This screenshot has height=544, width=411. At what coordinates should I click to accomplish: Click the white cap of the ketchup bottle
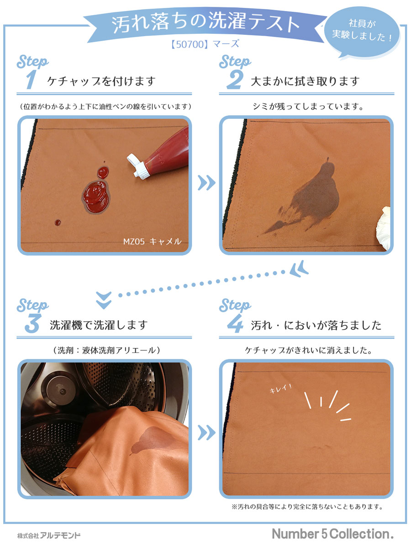tap(137, 166)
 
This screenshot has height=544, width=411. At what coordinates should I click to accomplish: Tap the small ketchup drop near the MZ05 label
tap(58, 222)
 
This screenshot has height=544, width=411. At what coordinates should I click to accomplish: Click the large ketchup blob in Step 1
tap(96, 196)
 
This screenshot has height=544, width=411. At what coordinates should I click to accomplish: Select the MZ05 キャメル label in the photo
tap(152, 241)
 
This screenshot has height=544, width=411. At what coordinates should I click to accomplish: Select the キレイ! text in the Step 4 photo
tap(280, 388)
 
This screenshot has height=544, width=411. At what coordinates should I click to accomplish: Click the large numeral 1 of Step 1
tap(31, 80)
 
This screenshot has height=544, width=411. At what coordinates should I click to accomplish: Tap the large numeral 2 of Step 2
tap(235, 80)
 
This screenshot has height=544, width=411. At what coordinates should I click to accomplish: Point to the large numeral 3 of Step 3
tap(32, 323)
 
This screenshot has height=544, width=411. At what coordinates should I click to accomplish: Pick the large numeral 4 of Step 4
tap(235, 323)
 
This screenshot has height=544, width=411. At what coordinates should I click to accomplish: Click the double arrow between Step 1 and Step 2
tap(206, 183)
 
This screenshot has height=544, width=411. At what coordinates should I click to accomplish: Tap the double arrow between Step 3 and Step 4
tap(206, 432)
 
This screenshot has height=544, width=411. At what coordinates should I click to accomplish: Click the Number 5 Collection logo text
tap(332, 533)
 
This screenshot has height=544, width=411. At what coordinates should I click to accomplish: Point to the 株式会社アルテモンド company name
tap(49, 535)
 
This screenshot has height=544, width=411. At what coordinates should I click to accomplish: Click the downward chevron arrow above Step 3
tap(104, 300)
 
